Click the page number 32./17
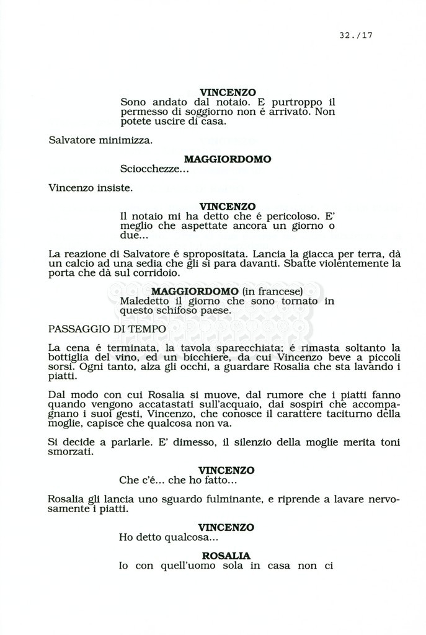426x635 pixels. point(355,35)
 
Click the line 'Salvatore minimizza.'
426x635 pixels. point(100,140)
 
